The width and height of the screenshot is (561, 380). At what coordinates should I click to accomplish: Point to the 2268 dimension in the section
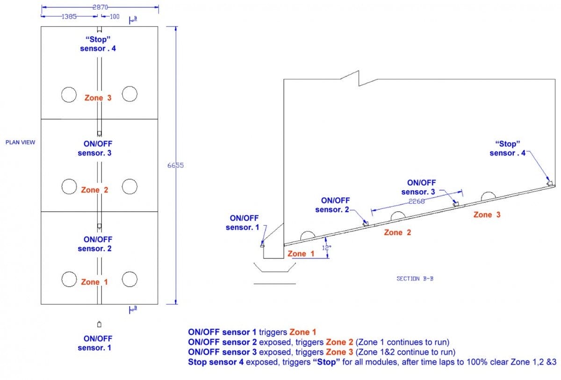pos(416,201)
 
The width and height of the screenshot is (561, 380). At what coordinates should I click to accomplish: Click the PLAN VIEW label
pos(20,142)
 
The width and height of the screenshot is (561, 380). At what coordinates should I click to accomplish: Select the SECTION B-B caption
pos(415,279)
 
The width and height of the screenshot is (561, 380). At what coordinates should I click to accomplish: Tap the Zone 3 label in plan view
pos(98,98)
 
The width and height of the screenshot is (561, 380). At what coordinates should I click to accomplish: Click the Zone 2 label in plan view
pos(94,190)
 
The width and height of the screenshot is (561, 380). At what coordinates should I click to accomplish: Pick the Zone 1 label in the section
pos(301,254)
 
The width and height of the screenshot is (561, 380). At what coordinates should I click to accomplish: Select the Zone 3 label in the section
pos(487,215)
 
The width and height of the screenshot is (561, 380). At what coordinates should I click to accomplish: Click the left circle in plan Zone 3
pos(69,94)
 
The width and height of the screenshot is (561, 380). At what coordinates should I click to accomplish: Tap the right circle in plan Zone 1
pos(129,279)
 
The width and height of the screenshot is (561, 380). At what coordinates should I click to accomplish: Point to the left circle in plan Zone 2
pos(69,187)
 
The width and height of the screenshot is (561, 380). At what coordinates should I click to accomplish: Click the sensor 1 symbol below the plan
pos(99,324)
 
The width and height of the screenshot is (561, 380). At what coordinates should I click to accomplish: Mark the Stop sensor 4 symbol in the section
pos(550,183)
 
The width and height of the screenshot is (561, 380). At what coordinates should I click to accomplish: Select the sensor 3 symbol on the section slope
pos(455,203)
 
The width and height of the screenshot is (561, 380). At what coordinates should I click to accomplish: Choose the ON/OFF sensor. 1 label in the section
pos(242,222)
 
